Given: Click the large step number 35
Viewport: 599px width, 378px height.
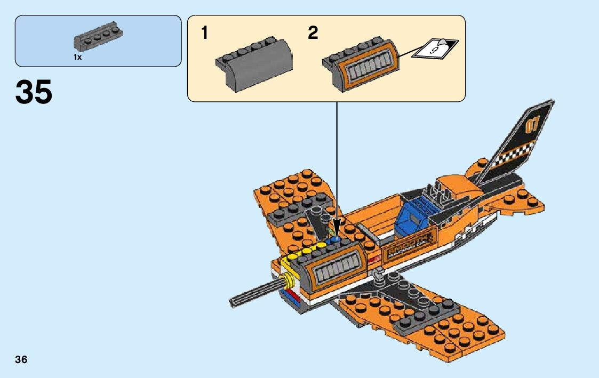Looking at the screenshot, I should (x=34, y=92).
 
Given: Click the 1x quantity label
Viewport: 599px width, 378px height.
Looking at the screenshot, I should (x=78, y=57).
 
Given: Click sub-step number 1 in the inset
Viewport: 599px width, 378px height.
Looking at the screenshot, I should (x=204, y=33).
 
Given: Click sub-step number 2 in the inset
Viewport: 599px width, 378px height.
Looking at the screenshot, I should (x=313, y=33).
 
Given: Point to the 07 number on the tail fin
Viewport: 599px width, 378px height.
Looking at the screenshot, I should (x=532, y=126).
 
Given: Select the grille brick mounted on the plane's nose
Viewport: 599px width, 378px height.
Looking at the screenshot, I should (x=336, y=272).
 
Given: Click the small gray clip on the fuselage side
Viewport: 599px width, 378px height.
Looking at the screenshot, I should (x=378, y=274).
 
